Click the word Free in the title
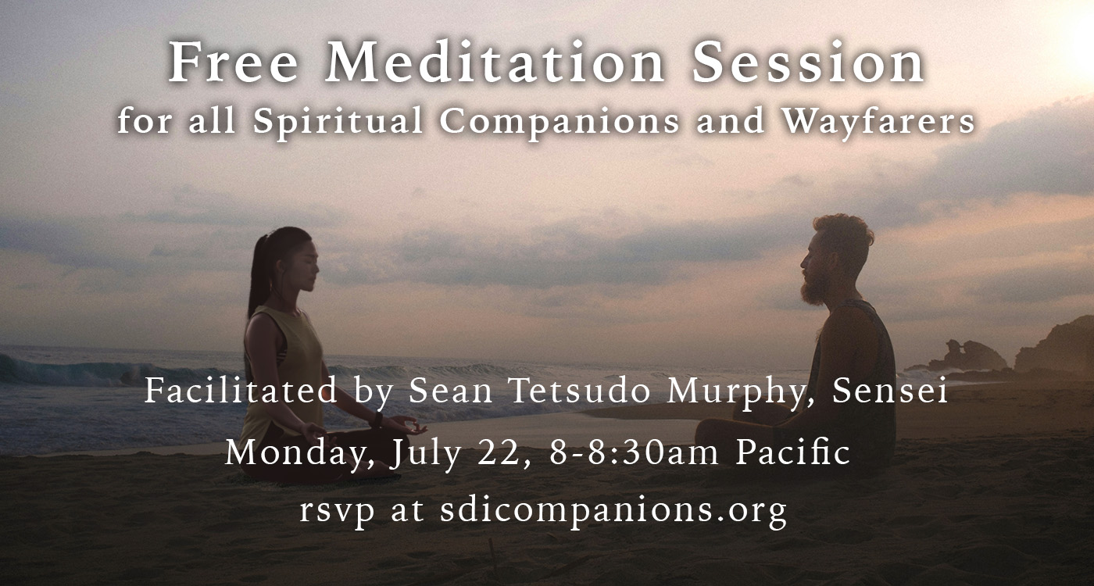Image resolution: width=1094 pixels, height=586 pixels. (233, 63)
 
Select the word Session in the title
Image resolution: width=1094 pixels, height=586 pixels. (808, 63)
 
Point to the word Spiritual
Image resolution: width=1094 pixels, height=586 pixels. (338, 121)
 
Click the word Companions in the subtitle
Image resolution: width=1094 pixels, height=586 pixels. (560, 122)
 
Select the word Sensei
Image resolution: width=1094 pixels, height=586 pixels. (890, 391)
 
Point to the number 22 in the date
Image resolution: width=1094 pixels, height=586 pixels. (502, 453)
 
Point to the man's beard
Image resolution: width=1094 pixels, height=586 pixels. (814, 289)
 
